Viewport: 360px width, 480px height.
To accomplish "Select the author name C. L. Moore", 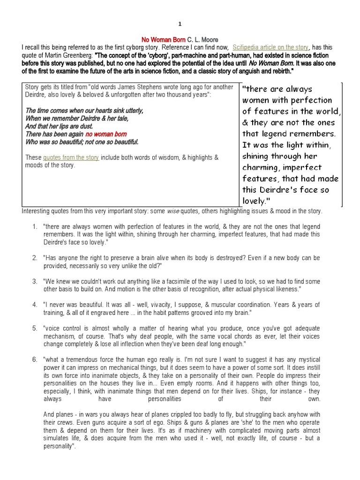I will coord(202,40).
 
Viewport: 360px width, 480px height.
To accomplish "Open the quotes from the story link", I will coord(71,157).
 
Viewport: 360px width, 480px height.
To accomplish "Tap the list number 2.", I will coord(35,258).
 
